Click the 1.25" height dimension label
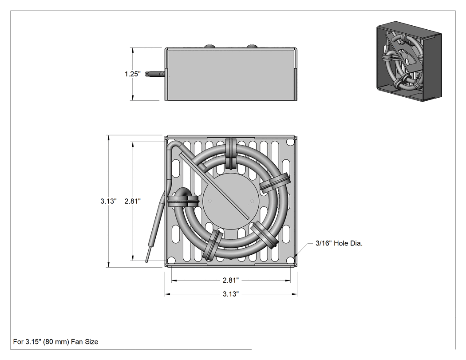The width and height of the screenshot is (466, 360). click(x=133, y=74)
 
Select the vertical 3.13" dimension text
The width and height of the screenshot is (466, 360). click(x=108, y=201)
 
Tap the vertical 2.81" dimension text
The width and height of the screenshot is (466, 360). click(x=133, y=201)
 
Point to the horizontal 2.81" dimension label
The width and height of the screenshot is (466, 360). click(x=231, y=280)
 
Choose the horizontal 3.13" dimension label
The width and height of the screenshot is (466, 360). click(x=231, y=294)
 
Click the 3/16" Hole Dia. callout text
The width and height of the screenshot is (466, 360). click(x=339, y=243)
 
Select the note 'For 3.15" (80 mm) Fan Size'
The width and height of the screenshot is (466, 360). click(x=55, y=341)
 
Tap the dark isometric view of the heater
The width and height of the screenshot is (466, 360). click(x=409, y=61)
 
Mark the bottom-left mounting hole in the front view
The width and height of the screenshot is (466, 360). click(x=171, y=260)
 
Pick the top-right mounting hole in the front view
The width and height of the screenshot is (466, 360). click(x=291, y=142)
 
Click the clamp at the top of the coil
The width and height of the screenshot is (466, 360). click(x=231, y=153)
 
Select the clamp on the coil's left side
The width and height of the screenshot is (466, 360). click(x=183, y=201)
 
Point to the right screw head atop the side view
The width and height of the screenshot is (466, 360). click(x=252, y=46)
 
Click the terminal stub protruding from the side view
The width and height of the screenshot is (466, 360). click(x=155, y=74)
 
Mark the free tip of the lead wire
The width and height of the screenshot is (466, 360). click(x=147, y=261)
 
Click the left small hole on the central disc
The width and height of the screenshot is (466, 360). click(x=210, y=201)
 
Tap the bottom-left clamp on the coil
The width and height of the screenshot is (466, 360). click(x=213, y=244)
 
